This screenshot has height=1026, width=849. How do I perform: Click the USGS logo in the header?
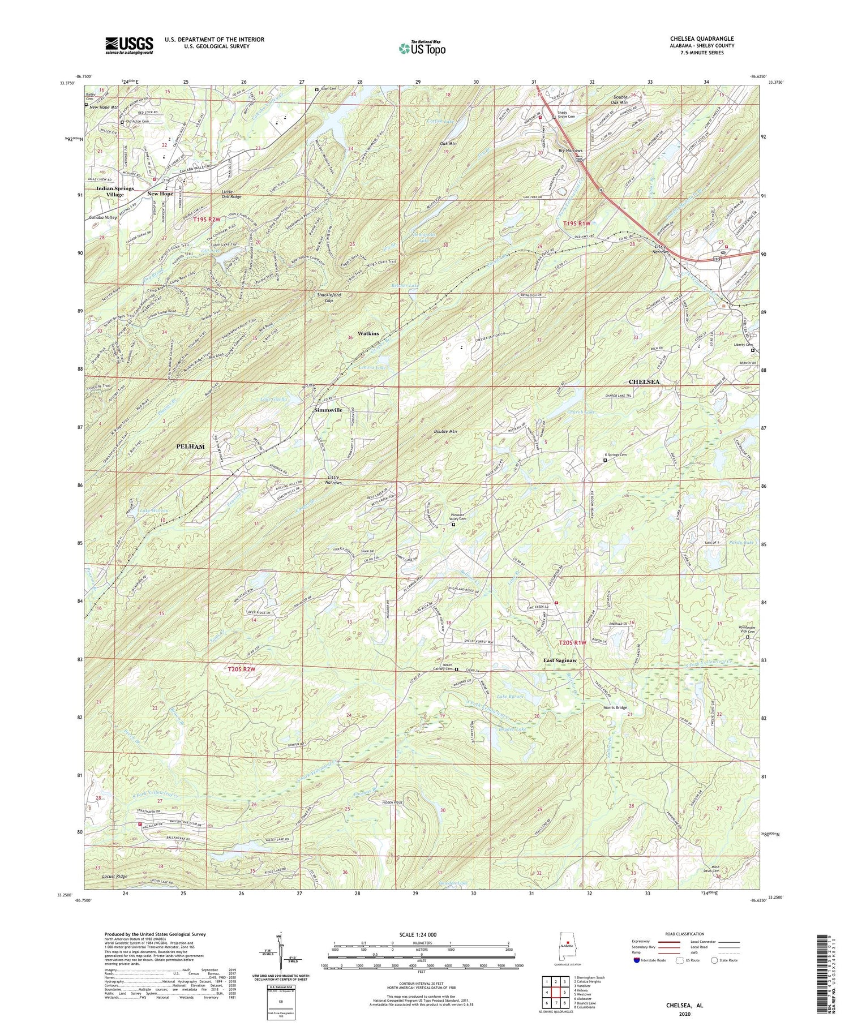click(129, 45)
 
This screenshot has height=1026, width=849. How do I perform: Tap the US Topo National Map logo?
click(422, 48)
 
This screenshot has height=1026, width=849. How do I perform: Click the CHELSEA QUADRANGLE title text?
click(702, 38)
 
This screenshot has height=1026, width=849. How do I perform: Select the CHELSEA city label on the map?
click(644, 382)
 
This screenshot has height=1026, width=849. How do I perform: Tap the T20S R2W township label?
click(242, 669)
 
